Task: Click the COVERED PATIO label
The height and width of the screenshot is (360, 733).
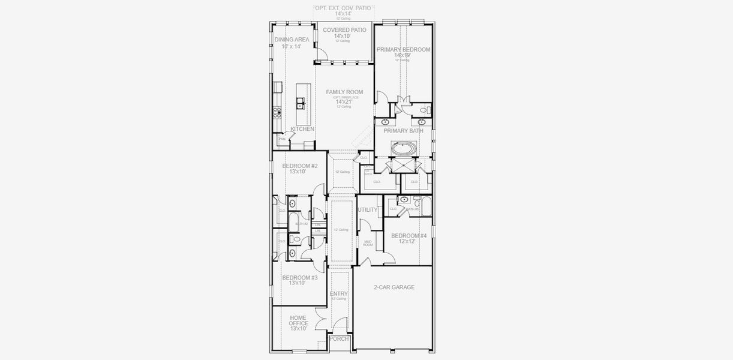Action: point(344,30)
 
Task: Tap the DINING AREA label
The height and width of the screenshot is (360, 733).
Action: point(292,40)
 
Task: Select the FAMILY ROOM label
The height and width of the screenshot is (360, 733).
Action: point(344,92)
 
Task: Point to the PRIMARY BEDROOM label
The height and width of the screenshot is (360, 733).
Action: point(403,50)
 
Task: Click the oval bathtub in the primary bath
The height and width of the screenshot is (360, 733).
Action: point(402,148)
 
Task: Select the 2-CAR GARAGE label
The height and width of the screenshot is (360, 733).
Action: point(393,287)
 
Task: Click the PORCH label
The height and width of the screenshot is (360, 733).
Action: point(340,339)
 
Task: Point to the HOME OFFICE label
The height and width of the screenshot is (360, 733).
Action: point(298,320)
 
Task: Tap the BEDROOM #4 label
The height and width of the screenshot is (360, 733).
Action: point(408,236)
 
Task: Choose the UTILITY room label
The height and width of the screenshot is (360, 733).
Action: point(368,210)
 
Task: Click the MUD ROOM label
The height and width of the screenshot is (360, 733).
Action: point(368,243)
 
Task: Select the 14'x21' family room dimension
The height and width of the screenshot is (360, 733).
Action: point(344,101)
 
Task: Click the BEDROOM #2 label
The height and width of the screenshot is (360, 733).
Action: point(300,166)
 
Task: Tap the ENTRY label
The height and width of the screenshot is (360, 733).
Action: point(339,293)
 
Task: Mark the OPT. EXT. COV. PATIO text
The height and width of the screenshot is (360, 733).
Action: point(343,8)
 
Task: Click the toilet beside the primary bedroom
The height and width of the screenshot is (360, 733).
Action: point(424,110)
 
